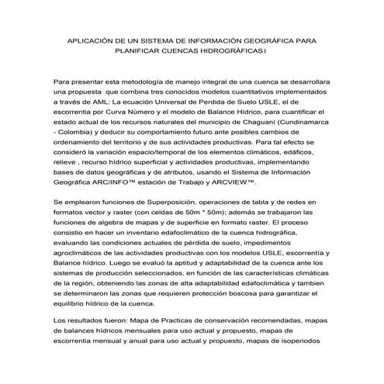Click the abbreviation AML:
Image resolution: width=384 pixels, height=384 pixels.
pos(94,101)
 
